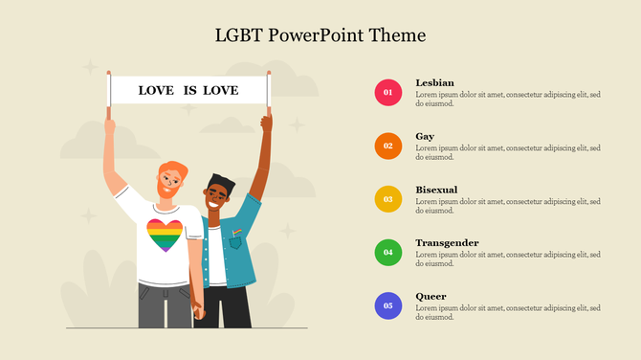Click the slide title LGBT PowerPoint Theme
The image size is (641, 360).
tap(320, 35)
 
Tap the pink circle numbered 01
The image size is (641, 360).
tap(387, 93)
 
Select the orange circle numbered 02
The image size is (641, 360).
tap(387, 146)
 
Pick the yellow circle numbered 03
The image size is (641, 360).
tap(387, 199)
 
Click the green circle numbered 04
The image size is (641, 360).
tap(387, 253)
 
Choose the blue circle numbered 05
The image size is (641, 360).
tap(387, 306)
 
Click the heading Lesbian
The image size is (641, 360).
tap(434, 83)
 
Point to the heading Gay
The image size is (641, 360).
tap(425, 137)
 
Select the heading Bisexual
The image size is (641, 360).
tap(436, 190)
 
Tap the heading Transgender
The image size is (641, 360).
tap(447, 243)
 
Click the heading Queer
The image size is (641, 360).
tap(431, 297)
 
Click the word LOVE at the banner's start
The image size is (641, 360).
tap(156, 91)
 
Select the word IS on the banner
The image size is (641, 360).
tap(189, 91)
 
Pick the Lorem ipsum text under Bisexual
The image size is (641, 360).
tap(507, 205)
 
